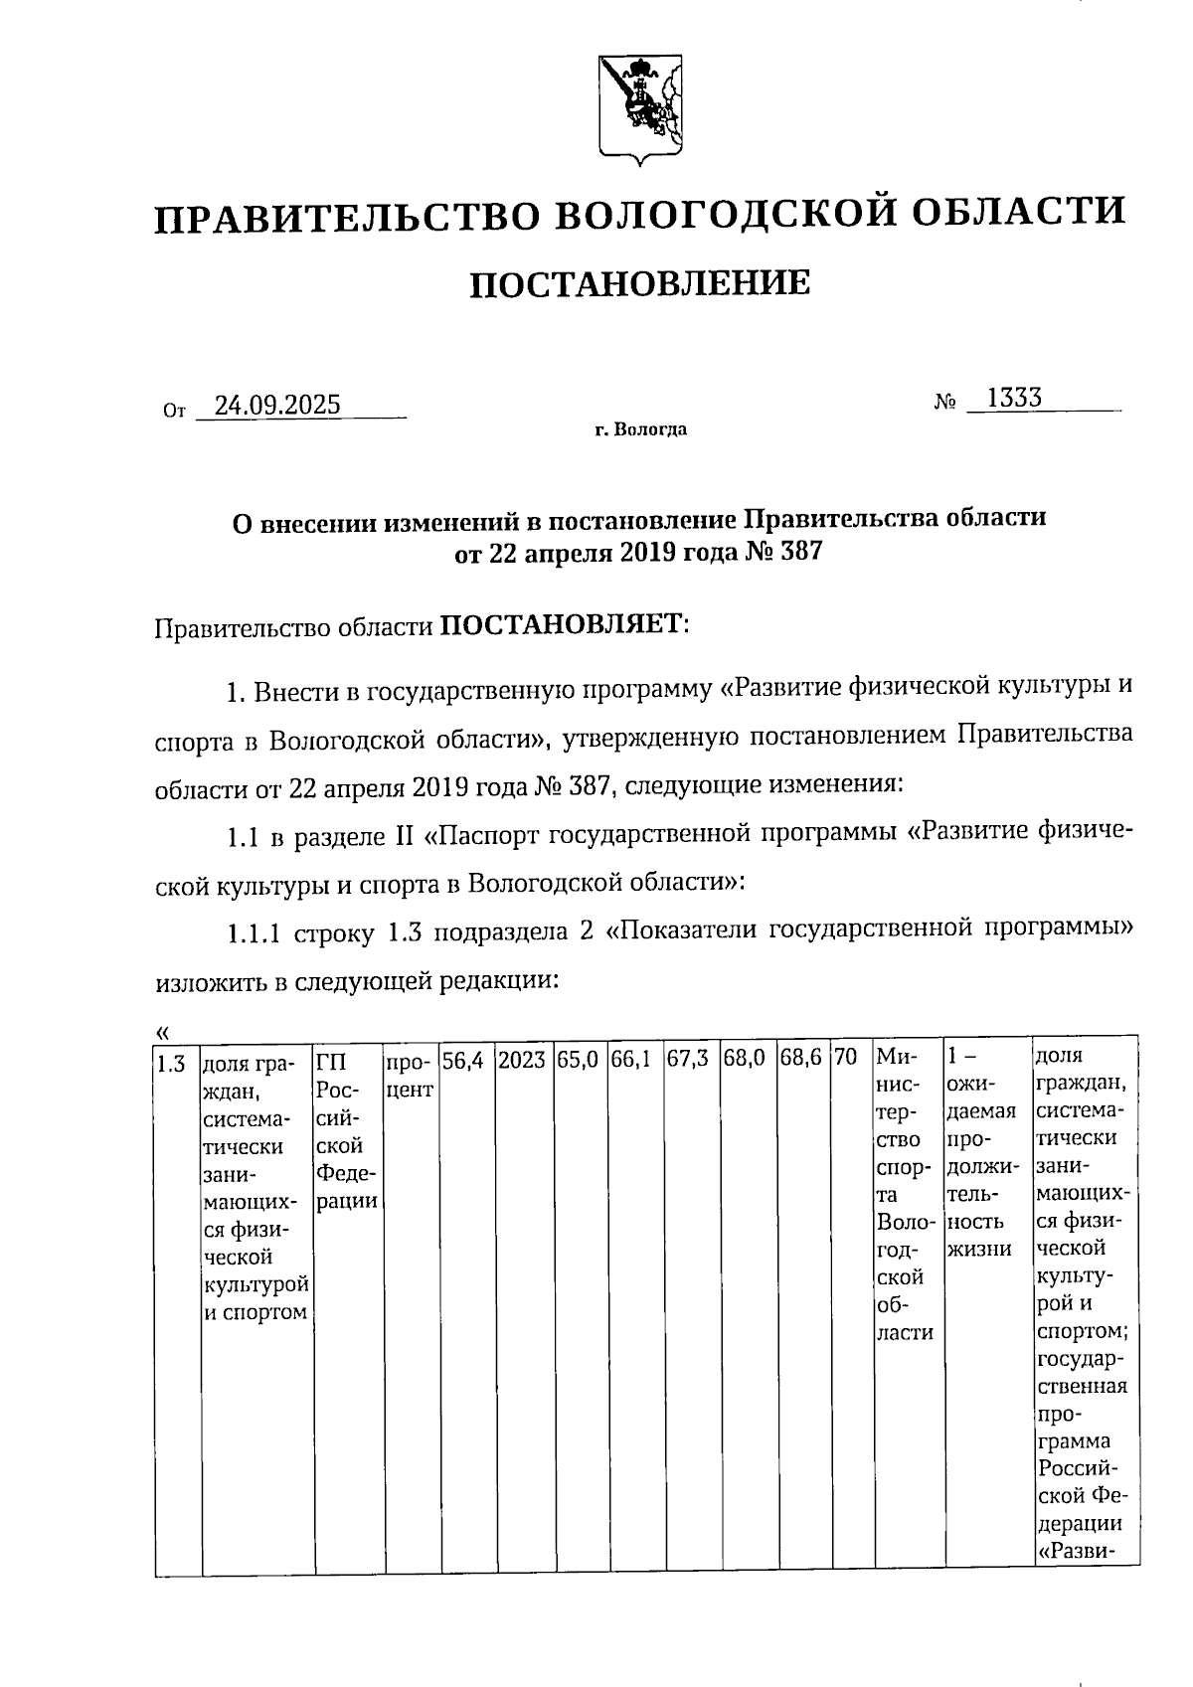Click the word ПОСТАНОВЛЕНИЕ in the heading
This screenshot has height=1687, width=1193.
(x=639, y=284)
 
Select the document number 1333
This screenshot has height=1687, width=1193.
(x=1014, y=399)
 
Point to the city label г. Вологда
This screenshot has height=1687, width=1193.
(x=640, y=430)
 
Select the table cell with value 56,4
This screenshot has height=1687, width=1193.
(x=463, y=1061)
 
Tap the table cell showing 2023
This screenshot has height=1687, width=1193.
(x=522, y=1061)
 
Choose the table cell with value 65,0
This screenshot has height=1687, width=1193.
(x=578, y=1061)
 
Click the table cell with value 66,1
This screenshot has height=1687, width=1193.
(x=632, y=1061)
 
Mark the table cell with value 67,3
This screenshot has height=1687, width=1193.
(x=688, y=1061)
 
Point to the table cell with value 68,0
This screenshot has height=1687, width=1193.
(x=745, y=1061)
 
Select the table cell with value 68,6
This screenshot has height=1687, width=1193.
(x=800, y=1061)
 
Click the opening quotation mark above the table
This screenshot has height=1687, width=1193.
(x=163, y=1030)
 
